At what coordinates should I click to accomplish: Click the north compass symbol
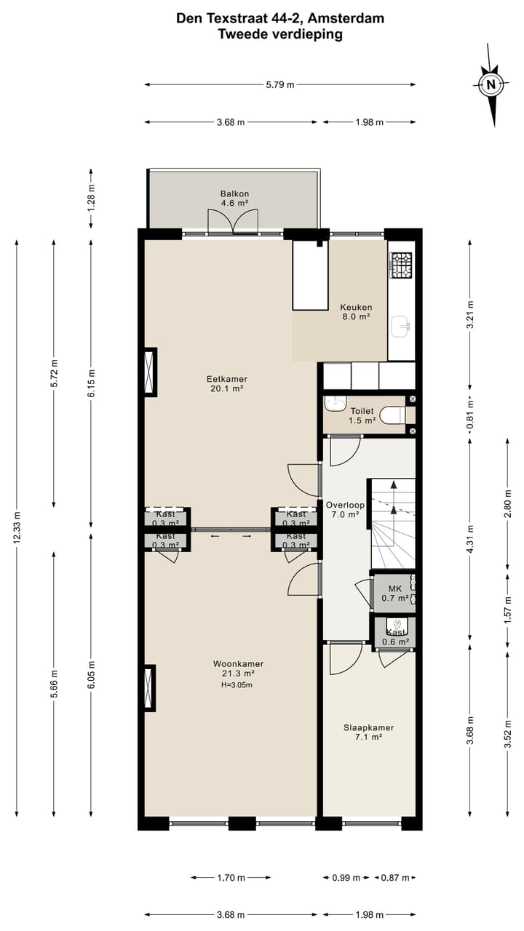(x=491, y=85)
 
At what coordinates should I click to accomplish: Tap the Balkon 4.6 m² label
(x=235, y=199)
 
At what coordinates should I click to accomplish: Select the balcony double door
(x=233, y=221)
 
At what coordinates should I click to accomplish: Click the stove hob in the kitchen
(x=401, y=265)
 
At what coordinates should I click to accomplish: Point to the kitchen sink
(x=401, y=327)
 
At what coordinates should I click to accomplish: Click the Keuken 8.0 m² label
(x=356, y=311)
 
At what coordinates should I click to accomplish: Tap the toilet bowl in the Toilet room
(x=394, y=415)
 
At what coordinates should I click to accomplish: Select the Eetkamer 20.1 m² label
(x=227, y=383)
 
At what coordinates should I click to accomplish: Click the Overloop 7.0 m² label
(x=345, y=509)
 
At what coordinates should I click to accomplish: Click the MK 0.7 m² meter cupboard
(x=394, y=593)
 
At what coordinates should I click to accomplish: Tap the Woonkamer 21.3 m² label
(x=238, y=668)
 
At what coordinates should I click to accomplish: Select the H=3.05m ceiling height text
(x=238, y=685)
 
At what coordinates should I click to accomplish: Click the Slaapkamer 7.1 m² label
(x=368, y=732)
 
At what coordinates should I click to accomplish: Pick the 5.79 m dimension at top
(x=280, y=85)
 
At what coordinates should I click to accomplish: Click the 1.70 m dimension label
(x=230, y=878)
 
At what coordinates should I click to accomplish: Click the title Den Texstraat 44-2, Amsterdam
(x=280, y=18)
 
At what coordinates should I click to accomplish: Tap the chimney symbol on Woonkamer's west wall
(x=149, y=688)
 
